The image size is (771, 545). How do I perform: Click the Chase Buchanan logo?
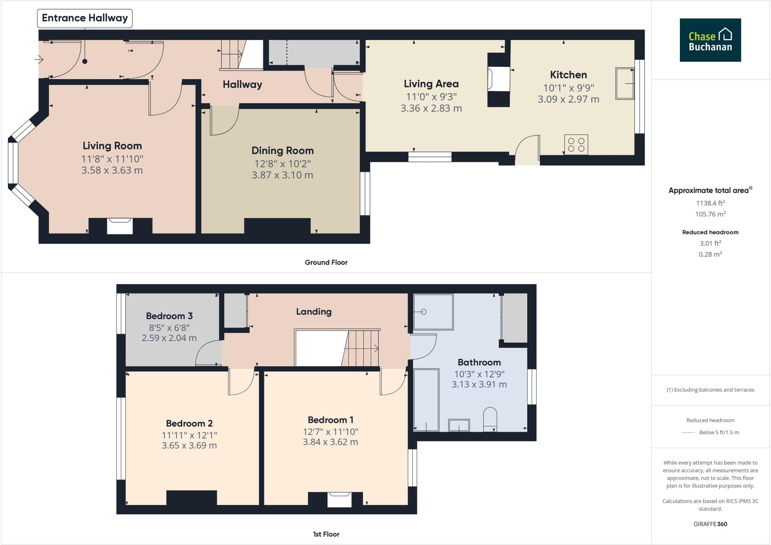pos(710,40)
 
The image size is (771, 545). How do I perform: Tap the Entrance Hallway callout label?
pos(85,18)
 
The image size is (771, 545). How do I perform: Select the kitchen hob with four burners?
pos(576,145)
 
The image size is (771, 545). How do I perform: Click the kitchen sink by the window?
pos(625,83)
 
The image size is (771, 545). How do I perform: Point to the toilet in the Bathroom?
pos(490,418)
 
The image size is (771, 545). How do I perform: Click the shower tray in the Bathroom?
pos(433,312)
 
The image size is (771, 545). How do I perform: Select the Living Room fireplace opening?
pos(120,226)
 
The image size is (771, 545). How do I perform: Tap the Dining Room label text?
pos(282,151)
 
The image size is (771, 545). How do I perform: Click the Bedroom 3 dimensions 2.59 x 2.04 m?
pos(169,338)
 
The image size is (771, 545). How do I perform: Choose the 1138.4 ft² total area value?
pos(710,203)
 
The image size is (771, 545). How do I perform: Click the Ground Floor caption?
pos(326,262)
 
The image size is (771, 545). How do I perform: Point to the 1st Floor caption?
pos(326,534)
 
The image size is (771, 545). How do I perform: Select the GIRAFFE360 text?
pos(710,524)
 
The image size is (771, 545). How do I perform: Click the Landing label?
pos(314,312)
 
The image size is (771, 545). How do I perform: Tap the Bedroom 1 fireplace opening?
pos(339,499)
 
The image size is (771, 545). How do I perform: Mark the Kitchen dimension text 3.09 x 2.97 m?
pos(568,100)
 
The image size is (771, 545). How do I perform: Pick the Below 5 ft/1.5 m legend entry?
pos(719,432)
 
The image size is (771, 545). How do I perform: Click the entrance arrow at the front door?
pos(39,59)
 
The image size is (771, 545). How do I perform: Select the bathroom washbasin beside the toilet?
pos(459,425)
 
